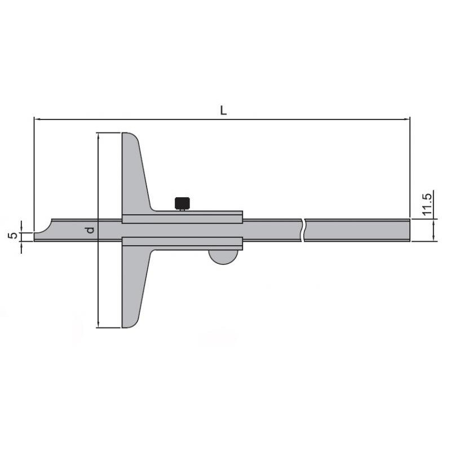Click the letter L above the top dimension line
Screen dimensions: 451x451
(x=223, y=111)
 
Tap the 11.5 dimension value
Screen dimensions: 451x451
(x=426, y=205)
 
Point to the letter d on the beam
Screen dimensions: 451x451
(x=89, y=230)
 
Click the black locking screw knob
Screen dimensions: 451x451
(x=182, y=202)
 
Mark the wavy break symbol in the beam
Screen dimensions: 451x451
(x=304, y=231)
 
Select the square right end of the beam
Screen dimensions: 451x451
(x=407, y=231)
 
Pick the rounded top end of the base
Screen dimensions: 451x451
(x=131, y=137)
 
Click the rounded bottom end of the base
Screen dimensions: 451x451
(x=130, y=323)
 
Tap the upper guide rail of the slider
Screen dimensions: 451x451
(x=182, y=219)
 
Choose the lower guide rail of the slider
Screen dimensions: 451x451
(x=182, y=242)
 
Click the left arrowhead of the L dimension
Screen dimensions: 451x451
(x=37, y=120)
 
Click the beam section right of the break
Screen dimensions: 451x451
(x=355, y=231)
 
